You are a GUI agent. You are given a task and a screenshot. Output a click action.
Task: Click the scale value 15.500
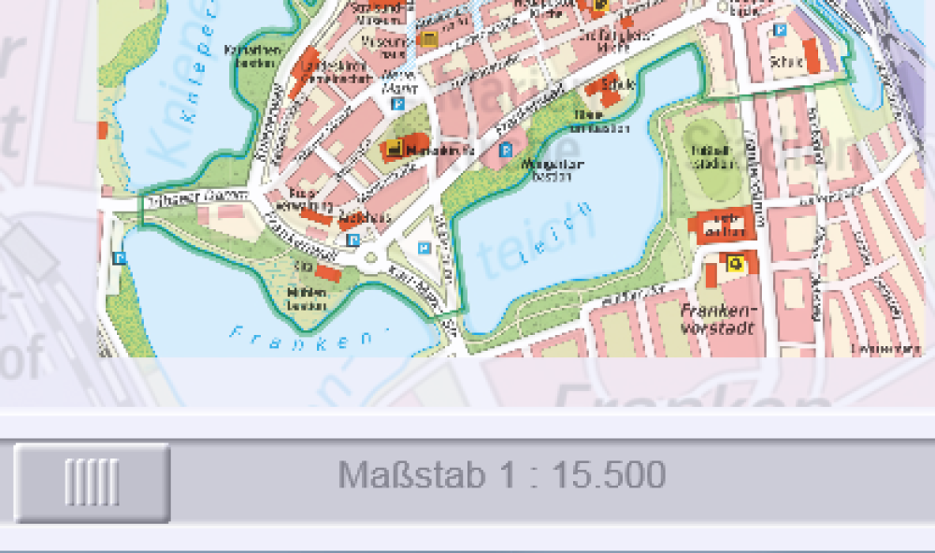point(609,475)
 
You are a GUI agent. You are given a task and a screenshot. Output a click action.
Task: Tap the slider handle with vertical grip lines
point(92,483)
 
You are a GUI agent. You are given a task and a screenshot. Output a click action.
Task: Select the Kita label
point(303,267)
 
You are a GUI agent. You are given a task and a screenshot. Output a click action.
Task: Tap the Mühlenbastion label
point(309,298)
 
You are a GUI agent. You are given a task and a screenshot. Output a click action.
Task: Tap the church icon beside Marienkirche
point(394,149)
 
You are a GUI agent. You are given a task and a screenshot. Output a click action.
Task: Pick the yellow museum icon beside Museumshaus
point(429,38)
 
